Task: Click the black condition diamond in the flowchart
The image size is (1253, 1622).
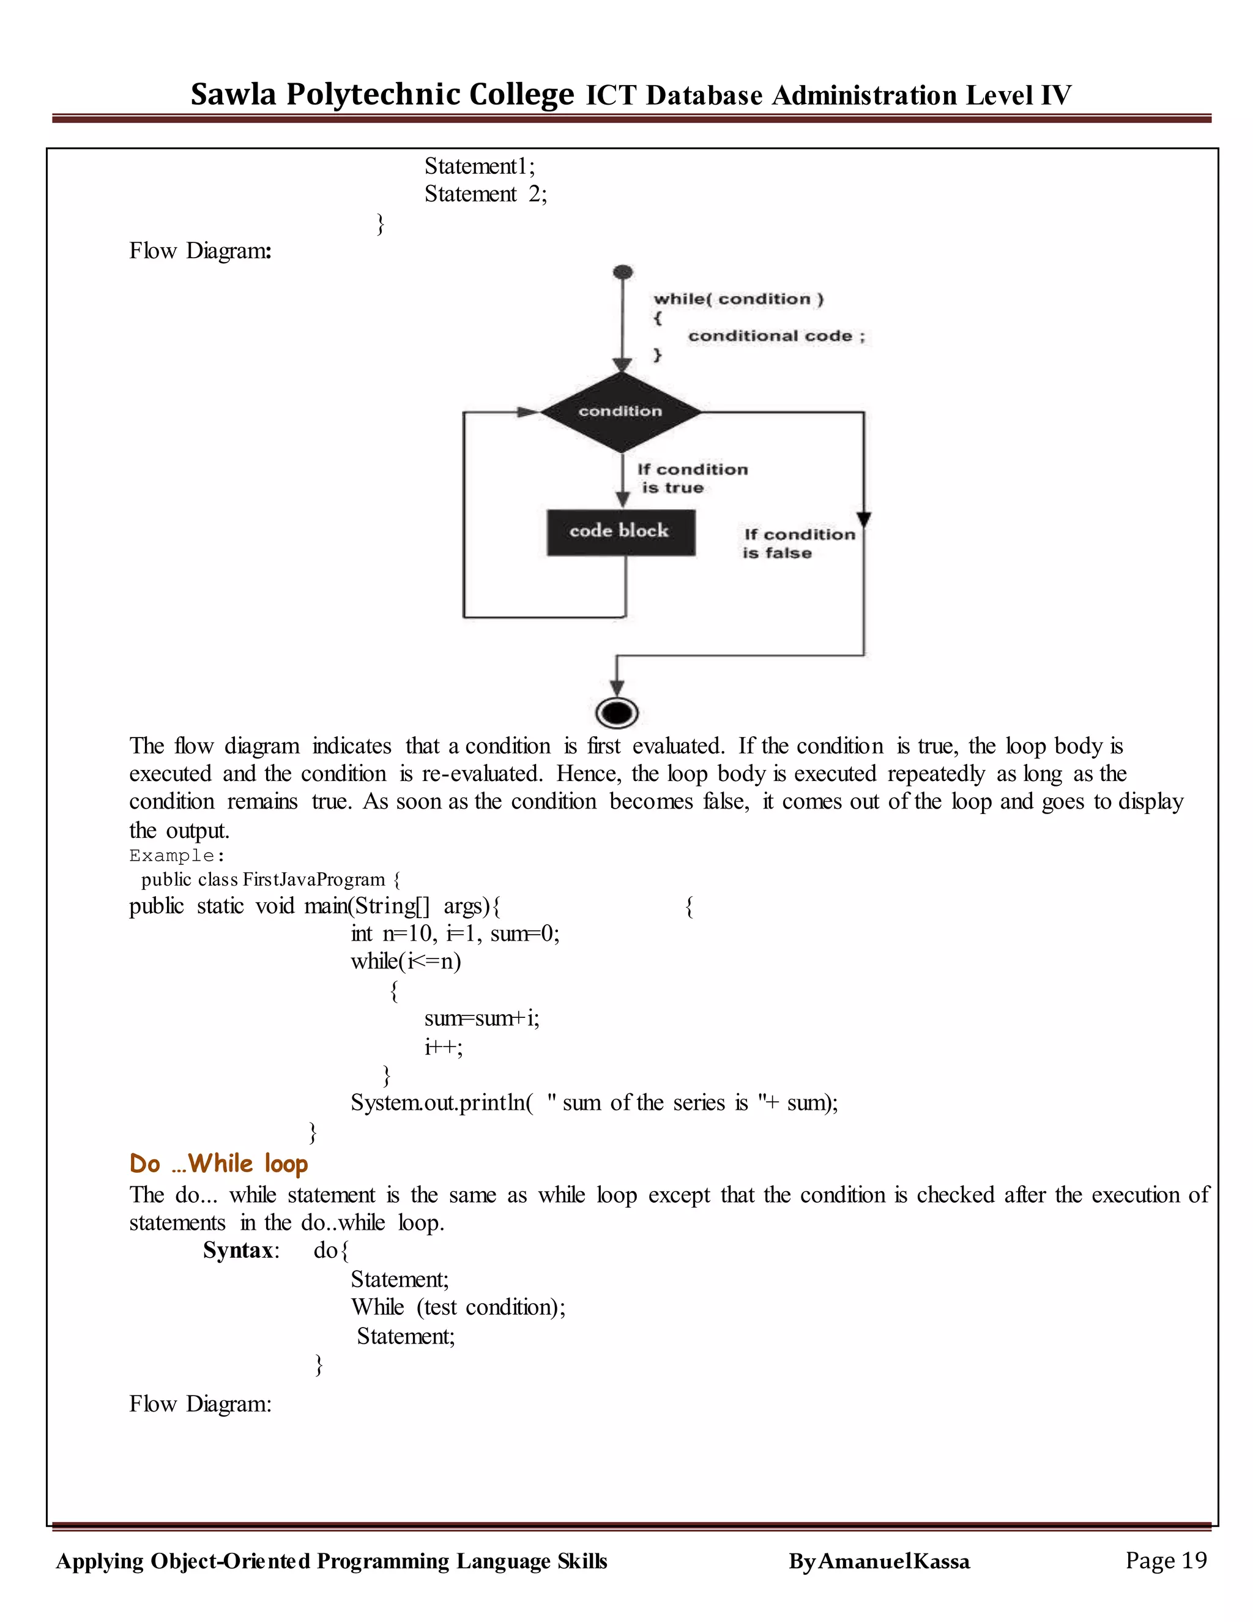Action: tap(620, 412)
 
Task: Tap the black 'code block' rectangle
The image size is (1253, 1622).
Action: tap(620, 532)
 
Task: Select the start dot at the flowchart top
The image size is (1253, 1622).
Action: tap(623, 272)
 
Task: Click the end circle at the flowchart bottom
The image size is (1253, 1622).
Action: tap(617, 713)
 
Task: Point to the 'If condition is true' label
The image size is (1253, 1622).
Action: tap(692, 478)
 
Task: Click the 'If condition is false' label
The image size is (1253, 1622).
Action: tap(798, 543)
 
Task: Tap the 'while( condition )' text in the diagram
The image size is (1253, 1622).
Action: tap(738, 299)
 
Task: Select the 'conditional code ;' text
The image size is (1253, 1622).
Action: tap(776, 335)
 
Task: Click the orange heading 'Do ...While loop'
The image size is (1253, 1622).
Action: tap(218, 1163)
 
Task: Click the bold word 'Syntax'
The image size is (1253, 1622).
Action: tap(237, 1250)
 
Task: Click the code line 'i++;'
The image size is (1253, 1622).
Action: tap(443, 1047)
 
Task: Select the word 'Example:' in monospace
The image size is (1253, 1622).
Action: tap(177, 856)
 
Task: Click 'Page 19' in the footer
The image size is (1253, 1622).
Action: tap(1166, 1560)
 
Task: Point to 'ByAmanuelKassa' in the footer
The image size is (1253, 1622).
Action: tap(879, 1562)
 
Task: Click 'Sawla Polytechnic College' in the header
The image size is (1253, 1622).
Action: tap(382, 94)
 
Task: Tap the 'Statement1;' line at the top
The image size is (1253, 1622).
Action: tap(480, 166)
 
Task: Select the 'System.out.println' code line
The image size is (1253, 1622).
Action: tap(594, 1102)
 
